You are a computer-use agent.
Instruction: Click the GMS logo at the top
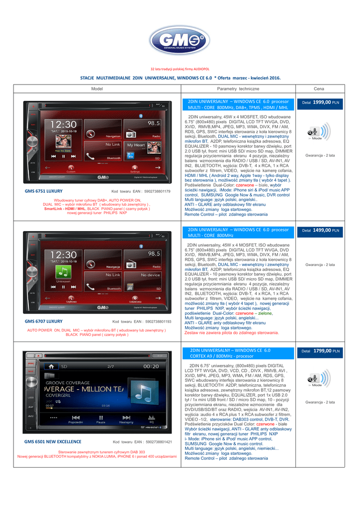click(x=180, y=40)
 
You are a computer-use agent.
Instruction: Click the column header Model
click(x=97, y=88)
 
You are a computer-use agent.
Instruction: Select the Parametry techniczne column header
click(x=238, y=88)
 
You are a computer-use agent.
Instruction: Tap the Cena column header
click(x=319, y=88)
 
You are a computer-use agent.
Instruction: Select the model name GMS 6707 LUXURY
click(x=44, y=322)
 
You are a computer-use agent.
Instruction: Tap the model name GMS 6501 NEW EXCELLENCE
click(x=53, y=441)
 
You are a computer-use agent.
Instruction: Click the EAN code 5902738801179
click(x=154, y=191)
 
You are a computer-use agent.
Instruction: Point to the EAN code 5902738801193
click(x=155, y=322)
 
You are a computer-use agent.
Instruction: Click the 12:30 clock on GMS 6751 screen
click(x=63, y=124)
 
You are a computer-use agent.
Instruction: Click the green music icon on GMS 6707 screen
click(x=63, y=271)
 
